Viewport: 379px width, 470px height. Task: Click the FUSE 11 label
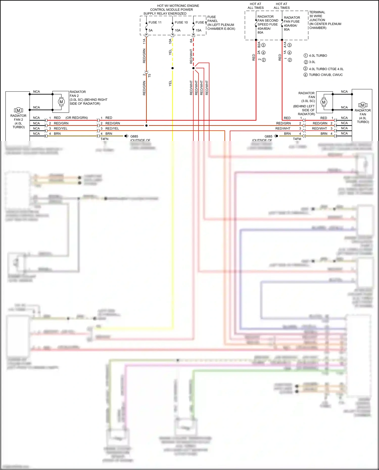point(155,22)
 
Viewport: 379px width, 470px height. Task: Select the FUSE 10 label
point(181,22)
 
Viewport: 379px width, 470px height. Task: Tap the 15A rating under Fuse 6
point(198,31)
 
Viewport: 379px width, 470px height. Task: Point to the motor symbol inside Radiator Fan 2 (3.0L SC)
point(61,102)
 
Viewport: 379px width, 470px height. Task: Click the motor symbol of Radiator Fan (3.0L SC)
point(324,102)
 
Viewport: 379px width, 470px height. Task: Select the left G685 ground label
point(134,136)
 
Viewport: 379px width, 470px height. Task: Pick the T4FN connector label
point(104,139)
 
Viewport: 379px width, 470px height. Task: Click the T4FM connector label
point(297,139)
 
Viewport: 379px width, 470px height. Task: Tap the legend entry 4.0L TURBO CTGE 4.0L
point(326,69)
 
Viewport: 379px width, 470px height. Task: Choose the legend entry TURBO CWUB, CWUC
point(326,75)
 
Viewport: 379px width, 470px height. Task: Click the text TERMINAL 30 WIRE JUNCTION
point(317,16)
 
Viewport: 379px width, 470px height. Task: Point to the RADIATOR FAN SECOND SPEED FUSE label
point(268,21)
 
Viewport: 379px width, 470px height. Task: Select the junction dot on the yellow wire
point(173,68)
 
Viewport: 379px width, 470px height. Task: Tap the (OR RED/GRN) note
point(77,118)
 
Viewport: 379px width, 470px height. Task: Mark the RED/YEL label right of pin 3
point(112,129)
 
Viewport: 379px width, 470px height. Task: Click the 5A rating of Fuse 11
point(151,31)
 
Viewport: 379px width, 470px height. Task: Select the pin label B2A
point(259,44)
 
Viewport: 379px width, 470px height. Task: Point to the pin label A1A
point(285,44)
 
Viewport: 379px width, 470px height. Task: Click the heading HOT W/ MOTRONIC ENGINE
point(178,6)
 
